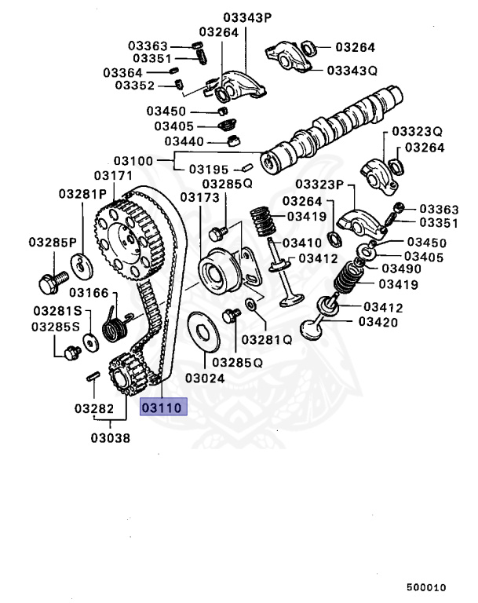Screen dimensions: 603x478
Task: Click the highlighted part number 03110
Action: coord(162,408)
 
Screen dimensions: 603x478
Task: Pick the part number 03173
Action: coord(199,197)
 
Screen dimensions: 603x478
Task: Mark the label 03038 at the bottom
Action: coord(110,438)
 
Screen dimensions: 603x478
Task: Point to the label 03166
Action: coord(87,293)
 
